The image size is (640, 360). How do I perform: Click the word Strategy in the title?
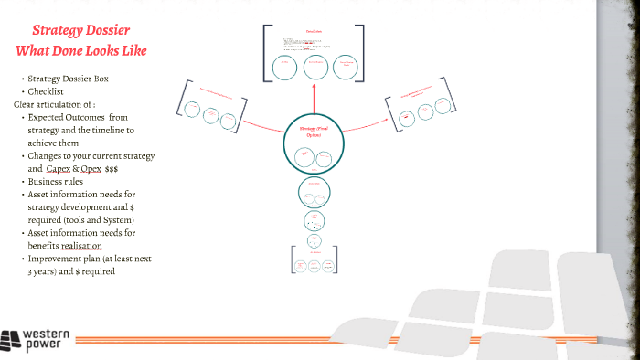(57, 31)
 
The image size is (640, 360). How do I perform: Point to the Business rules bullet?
(58, 182)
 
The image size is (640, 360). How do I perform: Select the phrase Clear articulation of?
(53, 104)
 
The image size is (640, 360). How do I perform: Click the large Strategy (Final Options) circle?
(313, 141)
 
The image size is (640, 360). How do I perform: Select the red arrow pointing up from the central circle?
(313, 96)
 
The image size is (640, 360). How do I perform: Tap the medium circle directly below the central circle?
(313, 193)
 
